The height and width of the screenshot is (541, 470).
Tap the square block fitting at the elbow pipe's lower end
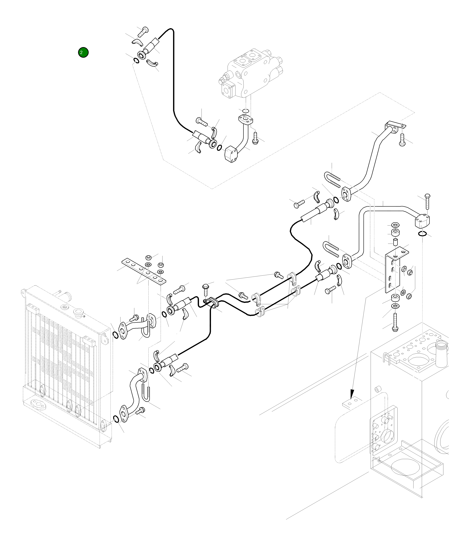[x=231, y=154]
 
